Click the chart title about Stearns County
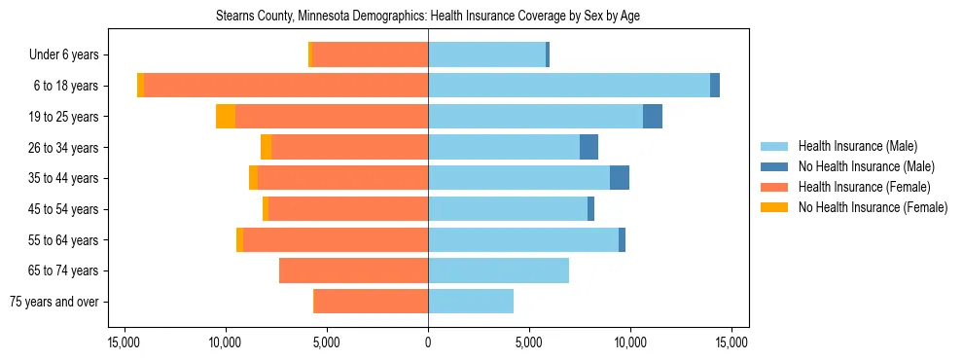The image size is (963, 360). click(428, 17)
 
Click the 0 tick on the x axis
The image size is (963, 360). click(428, 342)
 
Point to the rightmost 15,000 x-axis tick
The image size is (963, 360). click(731, 342)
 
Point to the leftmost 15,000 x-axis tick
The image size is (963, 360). click(125, 342)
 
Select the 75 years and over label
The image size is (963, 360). click(54, 302)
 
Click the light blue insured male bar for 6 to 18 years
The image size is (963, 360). click(569, 86)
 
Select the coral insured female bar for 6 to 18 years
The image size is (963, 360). click(286, 86)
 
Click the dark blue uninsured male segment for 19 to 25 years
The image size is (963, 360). click(653, 117)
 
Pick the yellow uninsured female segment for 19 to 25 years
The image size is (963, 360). click(226, 117)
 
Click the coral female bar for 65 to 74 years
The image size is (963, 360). click(353, 270)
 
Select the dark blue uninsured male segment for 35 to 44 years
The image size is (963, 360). click(620, 178)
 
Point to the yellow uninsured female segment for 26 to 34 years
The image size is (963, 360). click(266, 147)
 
